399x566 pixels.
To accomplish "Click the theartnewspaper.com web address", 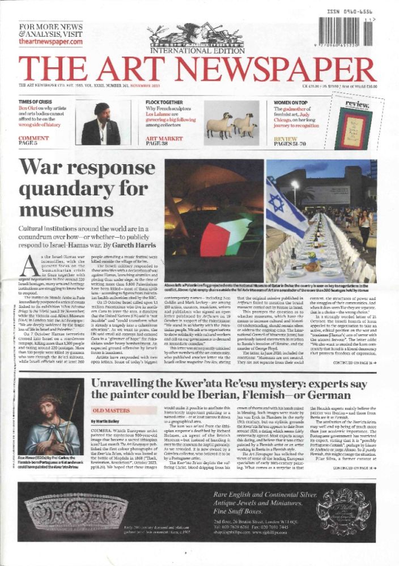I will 50,42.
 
